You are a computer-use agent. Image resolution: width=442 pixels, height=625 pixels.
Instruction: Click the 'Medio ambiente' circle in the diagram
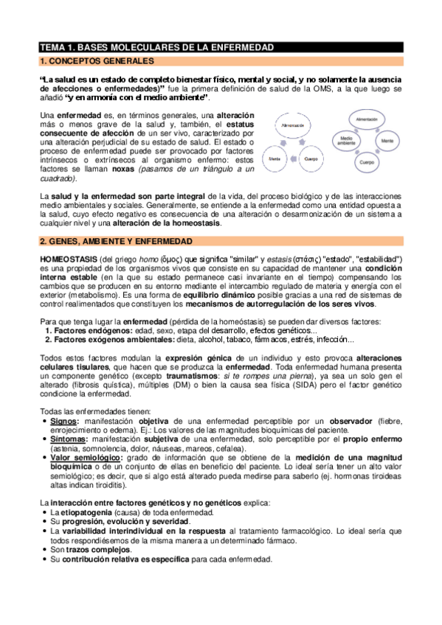(x=348, y=141)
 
